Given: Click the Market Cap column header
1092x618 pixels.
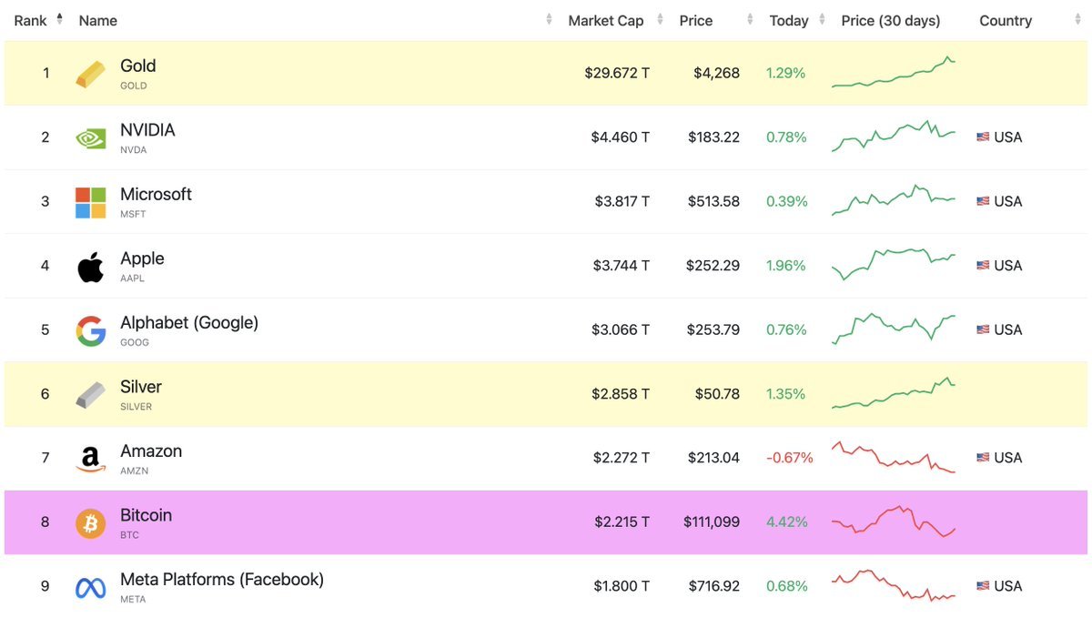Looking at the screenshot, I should point(605,20).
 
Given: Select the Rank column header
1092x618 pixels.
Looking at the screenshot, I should point(30,20).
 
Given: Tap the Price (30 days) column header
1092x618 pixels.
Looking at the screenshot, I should point(890,20).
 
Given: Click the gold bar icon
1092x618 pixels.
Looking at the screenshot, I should point(90,74).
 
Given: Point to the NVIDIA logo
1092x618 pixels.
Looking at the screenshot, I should point(90,138).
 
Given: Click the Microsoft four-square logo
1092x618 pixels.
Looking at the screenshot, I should point(90,202).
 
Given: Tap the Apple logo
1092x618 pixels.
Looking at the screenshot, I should point(90,267).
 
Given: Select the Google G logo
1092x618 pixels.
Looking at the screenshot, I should point(90,330).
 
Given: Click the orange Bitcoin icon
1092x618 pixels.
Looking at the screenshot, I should point(90,523).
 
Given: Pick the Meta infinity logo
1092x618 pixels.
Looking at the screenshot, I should point(90,588).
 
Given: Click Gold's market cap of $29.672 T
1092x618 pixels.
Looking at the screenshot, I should point(616,73).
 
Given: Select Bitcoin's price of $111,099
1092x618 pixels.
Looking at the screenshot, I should point(711,522).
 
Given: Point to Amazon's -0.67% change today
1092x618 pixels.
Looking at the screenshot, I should point(789,458).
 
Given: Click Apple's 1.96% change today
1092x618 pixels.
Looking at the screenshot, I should point(786,266).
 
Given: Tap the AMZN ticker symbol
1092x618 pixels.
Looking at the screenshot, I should point(134,471).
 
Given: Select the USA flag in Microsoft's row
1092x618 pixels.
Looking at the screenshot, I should point(983,202).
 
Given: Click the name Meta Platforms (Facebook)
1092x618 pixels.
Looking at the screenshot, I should point(221,579).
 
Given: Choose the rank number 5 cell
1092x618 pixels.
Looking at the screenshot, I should point(45,329).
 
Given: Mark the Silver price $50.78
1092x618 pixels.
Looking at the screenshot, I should point(717,394).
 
